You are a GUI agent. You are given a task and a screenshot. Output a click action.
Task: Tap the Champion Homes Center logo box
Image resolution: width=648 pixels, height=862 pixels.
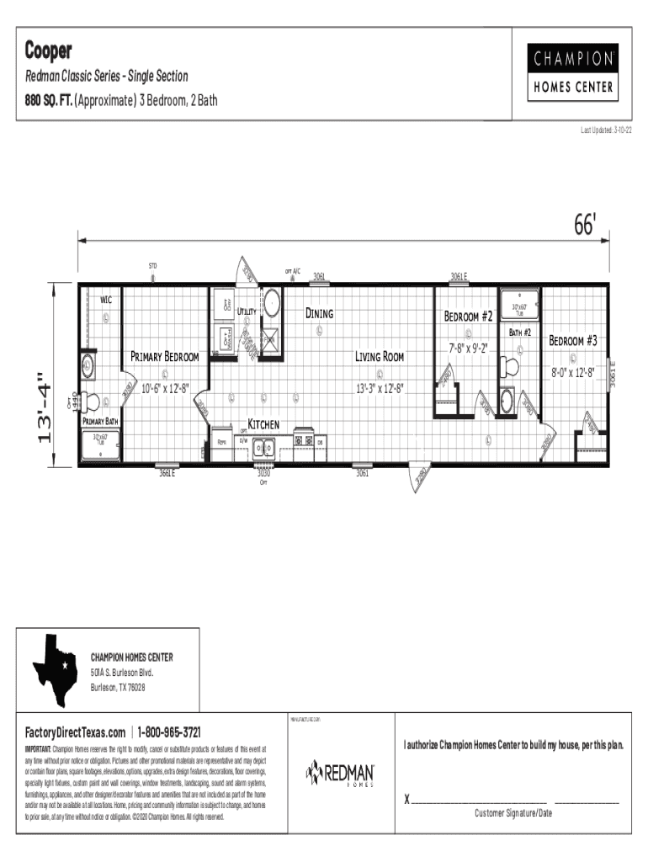point(573,72)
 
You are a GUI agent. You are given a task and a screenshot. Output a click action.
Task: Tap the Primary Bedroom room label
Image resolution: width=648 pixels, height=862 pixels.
point(164,357)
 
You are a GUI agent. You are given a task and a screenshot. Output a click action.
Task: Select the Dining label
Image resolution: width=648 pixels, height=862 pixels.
point(319,313)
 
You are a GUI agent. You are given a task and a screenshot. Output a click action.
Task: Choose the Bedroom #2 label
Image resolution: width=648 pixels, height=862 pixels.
point(468,317)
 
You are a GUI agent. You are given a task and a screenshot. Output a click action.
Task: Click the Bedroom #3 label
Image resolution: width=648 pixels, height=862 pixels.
point(572,341)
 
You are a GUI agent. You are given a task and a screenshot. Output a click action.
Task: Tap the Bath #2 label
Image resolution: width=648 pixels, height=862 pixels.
point(520,333)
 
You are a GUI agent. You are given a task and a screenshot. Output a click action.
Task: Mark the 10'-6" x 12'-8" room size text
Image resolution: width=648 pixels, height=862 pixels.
point(165,388)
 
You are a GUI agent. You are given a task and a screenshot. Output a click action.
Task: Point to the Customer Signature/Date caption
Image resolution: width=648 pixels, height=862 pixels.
point(513,813)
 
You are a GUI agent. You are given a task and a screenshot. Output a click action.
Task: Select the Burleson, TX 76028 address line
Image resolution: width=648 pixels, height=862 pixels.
point(118,688)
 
